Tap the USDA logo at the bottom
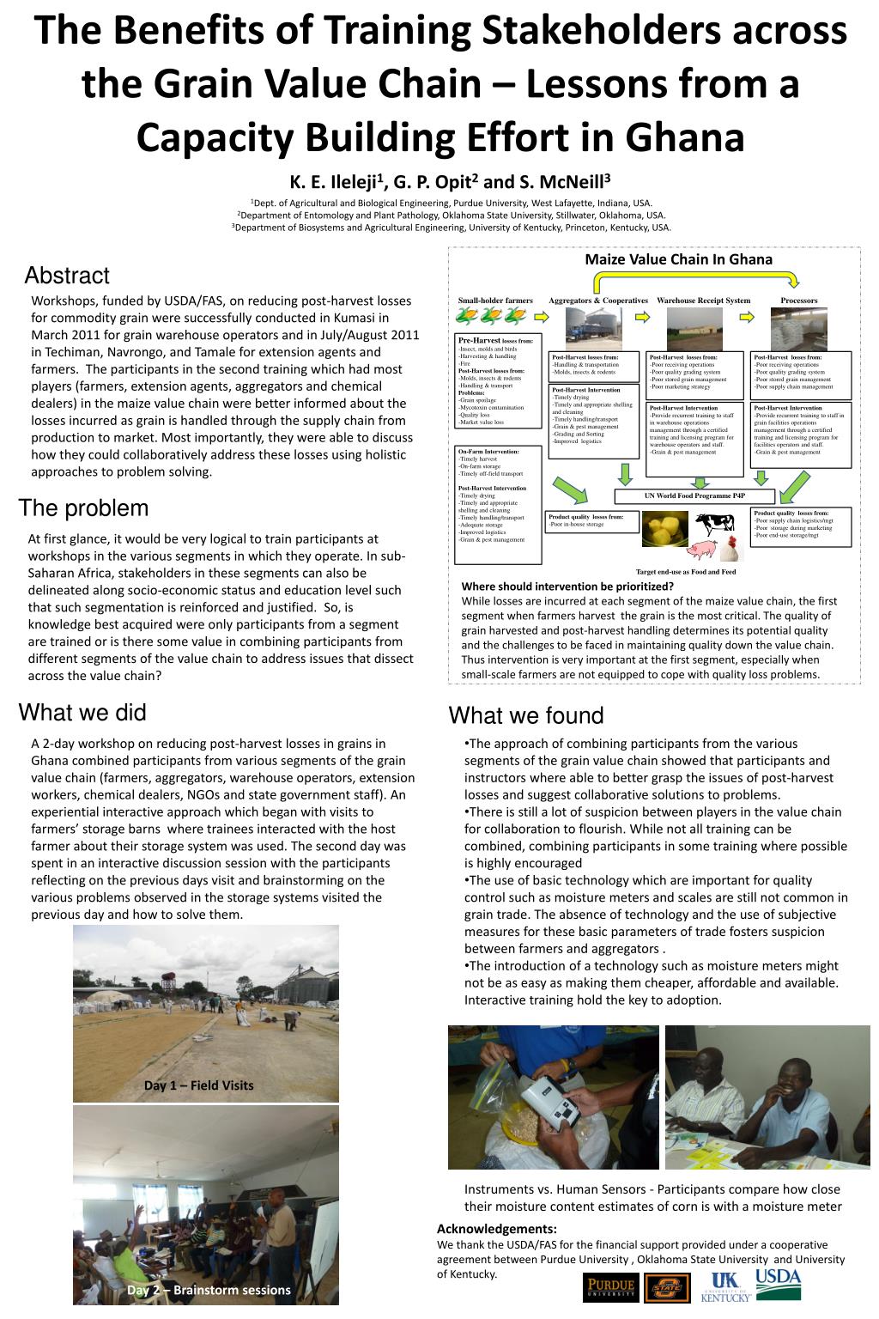778,1282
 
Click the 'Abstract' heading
67,276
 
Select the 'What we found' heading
526,715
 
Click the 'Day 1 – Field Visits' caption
198,1085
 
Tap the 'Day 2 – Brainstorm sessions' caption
209,1290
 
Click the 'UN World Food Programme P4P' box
694,496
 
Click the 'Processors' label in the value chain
799,301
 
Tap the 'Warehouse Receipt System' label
703,301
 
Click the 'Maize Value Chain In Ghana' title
678,259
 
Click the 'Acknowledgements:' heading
497,1229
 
